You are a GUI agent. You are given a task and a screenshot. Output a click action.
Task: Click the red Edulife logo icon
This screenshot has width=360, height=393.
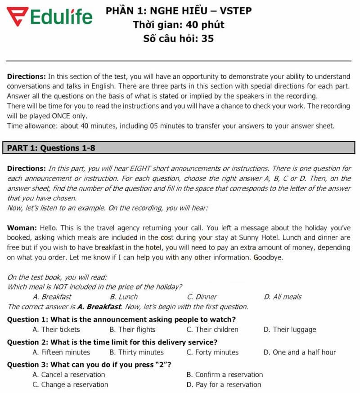tap(17, 17)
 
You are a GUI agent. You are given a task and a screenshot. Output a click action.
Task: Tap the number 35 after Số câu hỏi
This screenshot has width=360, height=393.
tap(207, 38)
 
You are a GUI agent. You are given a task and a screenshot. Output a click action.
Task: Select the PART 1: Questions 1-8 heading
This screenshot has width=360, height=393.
tap(51, 147)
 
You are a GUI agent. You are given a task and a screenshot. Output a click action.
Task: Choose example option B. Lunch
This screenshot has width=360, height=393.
tap(124, 297)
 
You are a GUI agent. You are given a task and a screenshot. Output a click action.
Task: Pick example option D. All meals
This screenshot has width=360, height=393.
tap(283, 297)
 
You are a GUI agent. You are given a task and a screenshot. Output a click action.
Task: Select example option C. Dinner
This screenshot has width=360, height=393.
tap(202, 297)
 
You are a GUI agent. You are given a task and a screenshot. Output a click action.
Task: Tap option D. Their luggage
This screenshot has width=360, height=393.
tap(290, 330)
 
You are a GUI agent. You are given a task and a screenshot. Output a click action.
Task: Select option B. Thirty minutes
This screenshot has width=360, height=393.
tap(136, 353)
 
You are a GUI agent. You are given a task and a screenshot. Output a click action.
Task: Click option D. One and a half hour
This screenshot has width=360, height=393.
tap(300, 353)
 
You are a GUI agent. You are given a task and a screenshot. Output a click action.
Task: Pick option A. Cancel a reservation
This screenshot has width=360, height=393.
tap(69, 375)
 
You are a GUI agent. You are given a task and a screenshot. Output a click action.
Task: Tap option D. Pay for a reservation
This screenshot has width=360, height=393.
tap(224, 384)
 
